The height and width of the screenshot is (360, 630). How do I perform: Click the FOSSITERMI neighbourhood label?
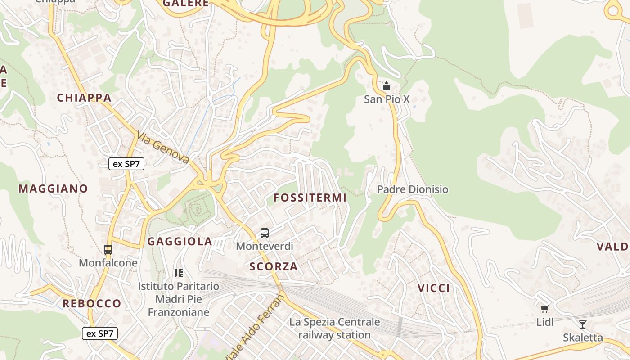310,198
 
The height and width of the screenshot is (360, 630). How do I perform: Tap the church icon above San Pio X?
386,85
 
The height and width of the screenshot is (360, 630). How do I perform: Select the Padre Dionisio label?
413,189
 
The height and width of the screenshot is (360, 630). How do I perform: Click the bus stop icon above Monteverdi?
265,233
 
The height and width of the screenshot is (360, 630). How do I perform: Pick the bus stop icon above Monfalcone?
108,249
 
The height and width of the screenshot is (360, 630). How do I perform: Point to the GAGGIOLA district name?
180,242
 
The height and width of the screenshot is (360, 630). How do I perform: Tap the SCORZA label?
274,266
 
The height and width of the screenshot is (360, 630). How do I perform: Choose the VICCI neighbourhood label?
434,288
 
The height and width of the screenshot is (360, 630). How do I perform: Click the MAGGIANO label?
53,189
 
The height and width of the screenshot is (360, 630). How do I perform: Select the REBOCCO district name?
92,303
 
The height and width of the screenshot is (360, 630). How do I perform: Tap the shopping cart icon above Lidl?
545,309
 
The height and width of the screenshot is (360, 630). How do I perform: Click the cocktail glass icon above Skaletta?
583,324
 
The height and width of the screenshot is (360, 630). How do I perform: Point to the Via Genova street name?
163,148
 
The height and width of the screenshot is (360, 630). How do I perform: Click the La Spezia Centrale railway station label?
334,328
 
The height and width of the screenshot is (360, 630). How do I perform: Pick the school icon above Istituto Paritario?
179,273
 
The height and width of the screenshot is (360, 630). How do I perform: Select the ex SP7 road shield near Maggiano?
126,164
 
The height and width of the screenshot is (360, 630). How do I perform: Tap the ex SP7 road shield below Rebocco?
100,333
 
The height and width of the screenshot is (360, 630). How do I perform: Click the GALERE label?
186,3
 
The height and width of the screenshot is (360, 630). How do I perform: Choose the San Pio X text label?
387,99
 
